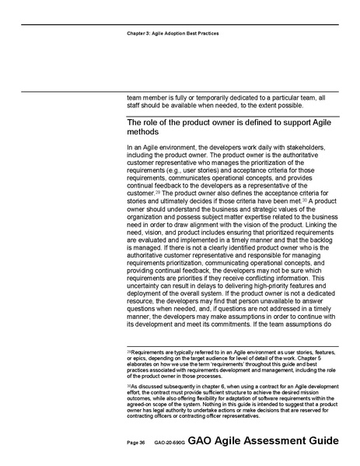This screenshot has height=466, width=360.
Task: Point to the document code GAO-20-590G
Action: pos(168,442)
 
